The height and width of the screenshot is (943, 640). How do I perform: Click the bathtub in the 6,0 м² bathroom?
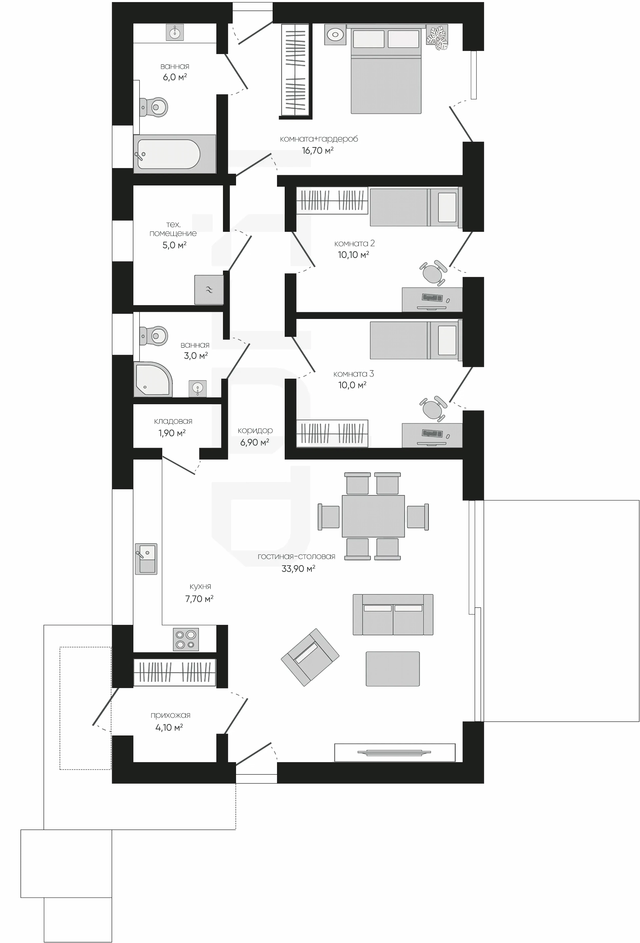(174, 154)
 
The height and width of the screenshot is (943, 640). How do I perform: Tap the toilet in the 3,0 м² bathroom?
(154, 336)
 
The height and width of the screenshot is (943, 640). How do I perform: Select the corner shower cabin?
(153, 379)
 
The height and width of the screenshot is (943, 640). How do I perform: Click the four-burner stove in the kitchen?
(186, 639)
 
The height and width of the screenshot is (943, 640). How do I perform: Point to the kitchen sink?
(146, 559)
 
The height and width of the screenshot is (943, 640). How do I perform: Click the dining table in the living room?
(373, 516)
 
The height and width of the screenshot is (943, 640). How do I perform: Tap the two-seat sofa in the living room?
(393, 614)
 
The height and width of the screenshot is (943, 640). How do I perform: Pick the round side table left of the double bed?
(335, 34)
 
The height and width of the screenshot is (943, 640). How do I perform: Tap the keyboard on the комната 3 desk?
(432, 433)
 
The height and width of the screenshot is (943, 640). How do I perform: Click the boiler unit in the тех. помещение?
(209, 290)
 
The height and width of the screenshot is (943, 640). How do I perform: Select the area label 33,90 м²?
(299, 568)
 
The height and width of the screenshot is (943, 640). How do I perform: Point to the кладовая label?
(173, 421)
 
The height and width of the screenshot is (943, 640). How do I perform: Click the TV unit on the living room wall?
(395, 752)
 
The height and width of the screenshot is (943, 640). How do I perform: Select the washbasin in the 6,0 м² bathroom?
(175, 32)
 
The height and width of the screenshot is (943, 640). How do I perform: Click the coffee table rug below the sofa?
(393, 669)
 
